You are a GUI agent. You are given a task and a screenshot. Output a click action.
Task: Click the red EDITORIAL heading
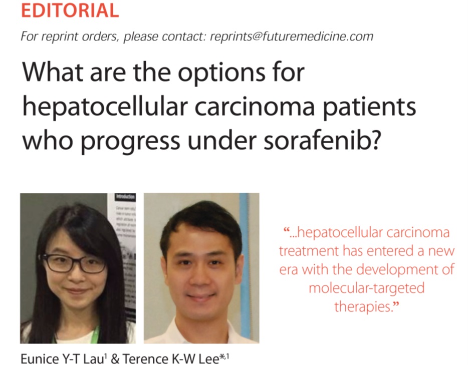point(70,10)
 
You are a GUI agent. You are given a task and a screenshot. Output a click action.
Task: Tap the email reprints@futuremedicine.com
point(292,37)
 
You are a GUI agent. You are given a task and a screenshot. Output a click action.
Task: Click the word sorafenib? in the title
point(322,140)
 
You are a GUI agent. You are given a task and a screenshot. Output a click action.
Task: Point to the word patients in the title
point(369,107)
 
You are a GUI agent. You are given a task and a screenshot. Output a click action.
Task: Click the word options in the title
point(221,73)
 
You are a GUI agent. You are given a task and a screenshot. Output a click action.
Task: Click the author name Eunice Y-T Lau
point(62,358)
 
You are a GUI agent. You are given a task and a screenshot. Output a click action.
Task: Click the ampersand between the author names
point(114,358)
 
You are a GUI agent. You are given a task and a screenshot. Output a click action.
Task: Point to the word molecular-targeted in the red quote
point(366,288)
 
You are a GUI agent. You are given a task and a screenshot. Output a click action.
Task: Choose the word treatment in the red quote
point(309,251)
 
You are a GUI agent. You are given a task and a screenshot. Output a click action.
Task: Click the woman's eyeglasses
point(73,263)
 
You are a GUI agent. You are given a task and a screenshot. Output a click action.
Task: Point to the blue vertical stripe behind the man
point(244,262)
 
